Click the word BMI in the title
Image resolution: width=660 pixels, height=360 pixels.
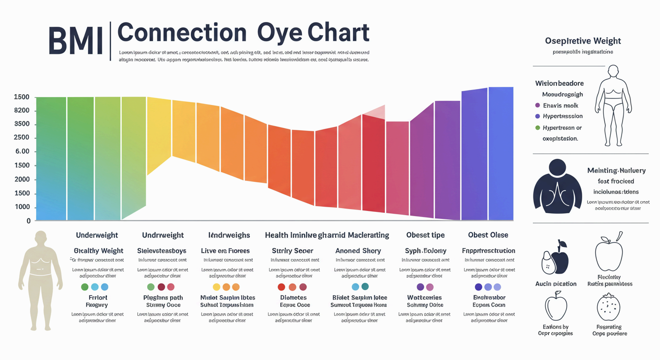click(x=75, y=41)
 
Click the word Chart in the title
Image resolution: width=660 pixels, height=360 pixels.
click(x=338, y=33)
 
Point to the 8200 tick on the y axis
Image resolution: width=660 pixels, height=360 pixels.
click(x=22, y=111)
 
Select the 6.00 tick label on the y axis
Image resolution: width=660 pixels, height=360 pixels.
click(x=22, y=151)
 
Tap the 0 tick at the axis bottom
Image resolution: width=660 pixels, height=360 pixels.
click(x=29, y=221)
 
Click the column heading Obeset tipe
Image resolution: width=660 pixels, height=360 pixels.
click(x=425, y=235)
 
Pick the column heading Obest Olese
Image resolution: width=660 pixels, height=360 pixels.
click(x=488, y=235)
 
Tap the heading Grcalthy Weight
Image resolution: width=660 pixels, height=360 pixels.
click(x=98, y=251)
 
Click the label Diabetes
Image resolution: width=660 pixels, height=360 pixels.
click(x=293, y=298)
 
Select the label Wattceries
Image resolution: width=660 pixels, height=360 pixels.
click(x=424, y=298)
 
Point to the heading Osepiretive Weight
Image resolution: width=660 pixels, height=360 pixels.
click(x=583, y=41)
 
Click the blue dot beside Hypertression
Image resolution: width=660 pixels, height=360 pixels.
click(x=537, y=116)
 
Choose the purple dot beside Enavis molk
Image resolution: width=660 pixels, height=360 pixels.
click(x=537, y=105)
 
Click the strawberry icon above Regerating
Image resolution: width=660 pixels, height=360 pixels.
click(x=609, y=307)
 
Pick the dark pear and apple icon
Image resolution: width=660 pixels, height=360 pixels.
click(x=555, y=258)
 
